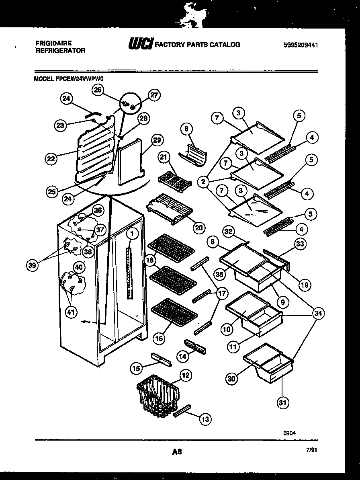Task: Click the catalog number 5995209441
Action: coord(301,45)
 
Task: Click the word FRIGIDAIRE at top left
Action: coord(53,43)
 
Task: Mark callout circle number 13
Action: coord(205,419)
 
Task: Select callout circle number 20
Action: coord(198,228)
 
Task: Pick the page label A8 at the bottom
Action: coord(177,451)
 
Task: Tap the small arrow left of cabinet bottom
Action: coord(85,321)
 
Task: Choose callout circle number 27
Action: coord(154,95)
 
